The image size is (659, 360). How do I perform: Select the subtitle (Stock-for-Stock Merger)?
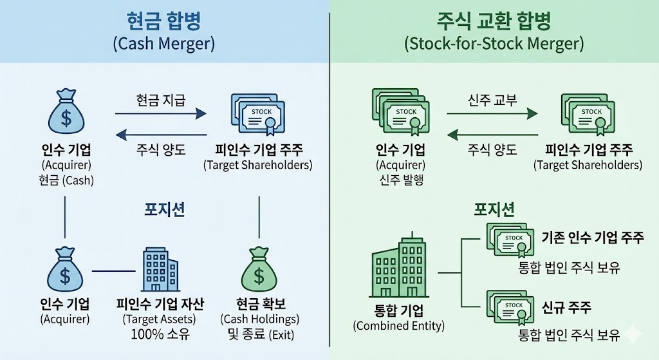(x=494, y=44)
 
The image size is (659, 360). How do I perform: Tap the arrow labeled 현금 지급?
(x=160, y=114)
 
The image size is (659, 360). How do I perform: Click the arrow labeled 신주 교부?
(x=492, y=114)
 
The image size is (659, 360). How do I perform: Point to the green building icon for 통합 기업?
(x=400, y=269)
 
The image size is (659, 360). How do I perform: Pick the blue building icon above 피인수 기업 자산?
(x=160, y=269)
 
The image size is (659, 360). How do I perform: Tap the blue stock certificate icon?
(x=257, y=115)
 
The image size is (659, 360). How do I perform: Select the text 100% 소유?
(x=160, y=334)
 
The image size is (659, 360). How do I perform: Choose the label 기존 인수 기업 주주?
(x=593, y=237)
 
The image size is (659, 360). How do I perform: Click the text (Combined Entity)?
(x=399, y=326)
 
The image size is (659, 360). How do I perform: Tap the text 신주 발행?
(x=400, y=180)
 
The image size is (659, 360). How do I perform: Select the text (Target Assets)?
(x=160, y=319)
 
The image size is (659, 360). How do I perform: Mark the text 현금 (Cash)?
(x=65, y=180)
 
